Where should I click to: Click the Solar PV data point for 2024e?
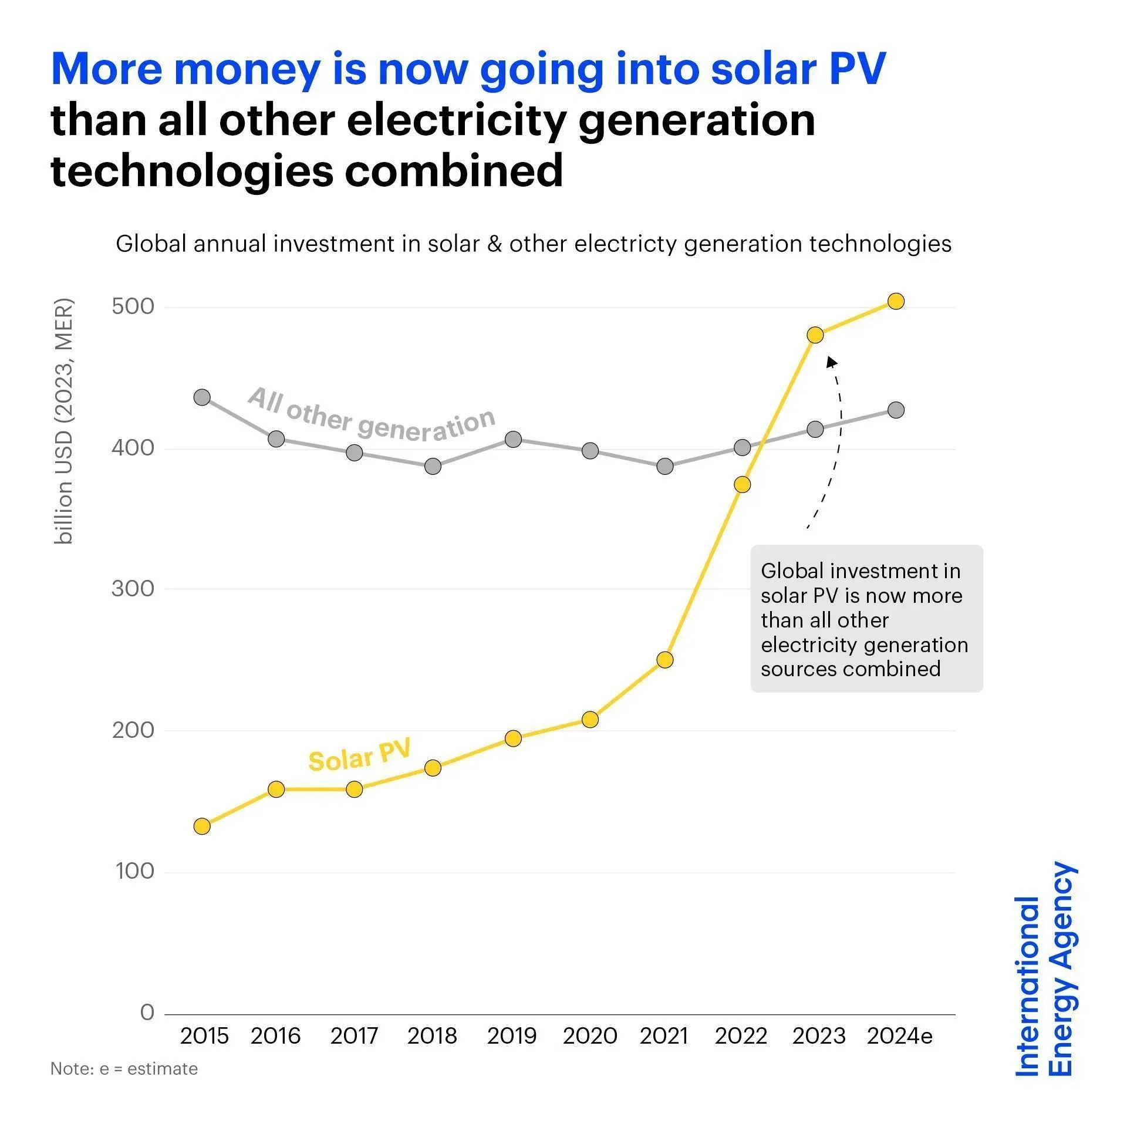(896, 301)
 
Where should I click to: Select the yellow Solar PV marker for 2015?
(202, 826)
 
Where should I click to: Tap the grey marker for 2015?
(202, 397)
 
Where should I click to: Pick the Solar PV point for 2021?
(664, 660)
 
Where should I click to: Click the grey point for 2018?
(433, 466)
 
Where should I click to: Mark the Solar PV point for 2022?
(742, 484)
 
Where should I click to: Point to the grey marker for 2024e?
(896, 410)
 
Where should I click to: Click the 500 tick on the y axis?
(133, 306)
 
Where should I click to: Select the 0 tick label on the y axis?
(147, 1013)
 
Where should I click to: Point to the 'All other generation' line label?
(372, 416)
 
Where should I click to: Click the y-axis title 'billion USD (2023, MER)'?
(63, 421)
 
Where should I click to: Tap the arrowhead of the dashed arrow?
(831, 362)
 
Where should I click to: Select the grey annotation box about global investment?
(866, 619)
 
